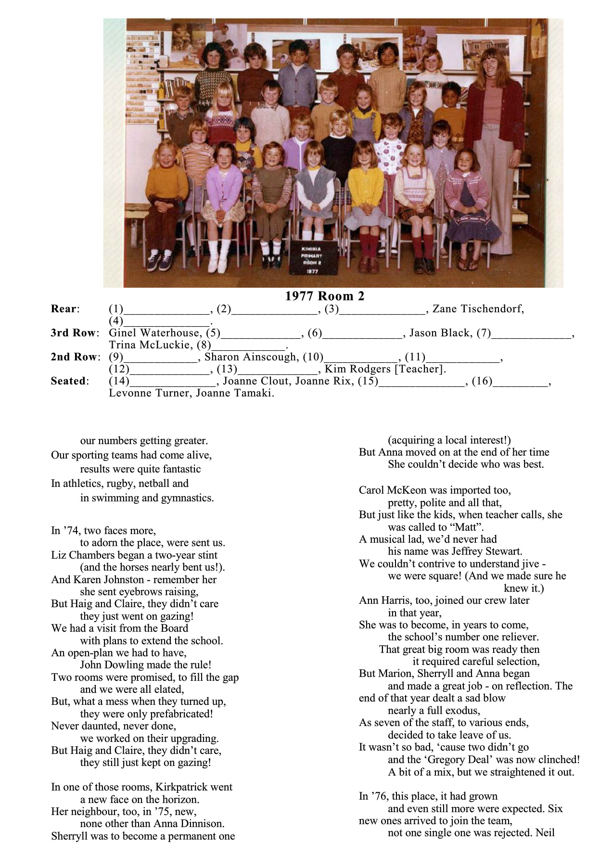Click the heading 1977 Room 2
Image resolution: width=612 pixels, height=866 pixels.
[325, 296]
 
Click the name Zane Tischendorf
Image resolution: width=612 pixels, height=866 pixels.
[478, 309]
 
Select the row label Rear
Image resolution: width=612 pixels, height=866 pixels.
[64, 309]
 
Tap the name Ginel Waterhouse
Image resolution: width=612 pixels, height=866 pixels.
[154, 333]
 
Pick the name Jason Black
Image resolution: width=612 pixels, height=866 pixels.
[440, 333]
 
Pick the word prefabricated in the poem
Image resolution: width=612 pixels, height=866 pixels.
[177, 713]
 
